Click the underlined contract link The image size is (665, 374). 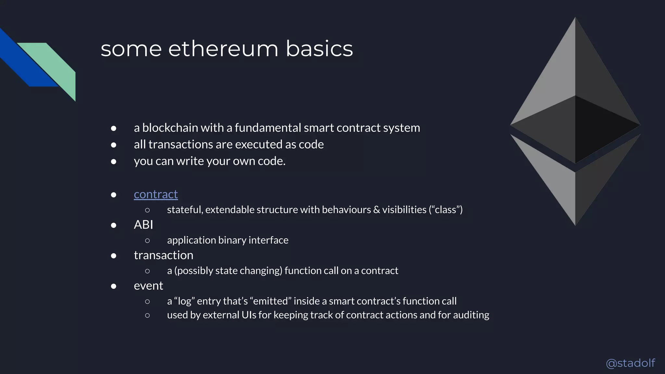click(x=156, y=194)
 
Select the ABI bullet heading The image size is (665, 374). click(x=143, y=225)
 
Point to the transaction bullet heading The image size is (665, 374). click(x=163, y=255)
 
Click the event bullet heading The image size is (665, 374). click(x=148, y=286)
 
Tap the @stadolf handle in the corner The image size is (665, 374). click(x=630, y=363)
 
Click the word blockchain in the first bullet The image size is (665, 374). click(x=170, y=128)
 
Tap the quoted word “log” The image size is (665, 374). click(x=184, y=301)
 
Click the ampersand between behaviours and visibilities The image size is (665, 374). click(x=376, y=210)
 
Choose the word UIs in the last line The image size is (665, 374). click(x=249, y=315)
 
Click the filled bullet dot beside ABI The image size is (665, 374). click(x=114, y=225)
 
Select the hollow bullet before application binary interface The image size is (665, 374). click(x=147, y=241)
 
